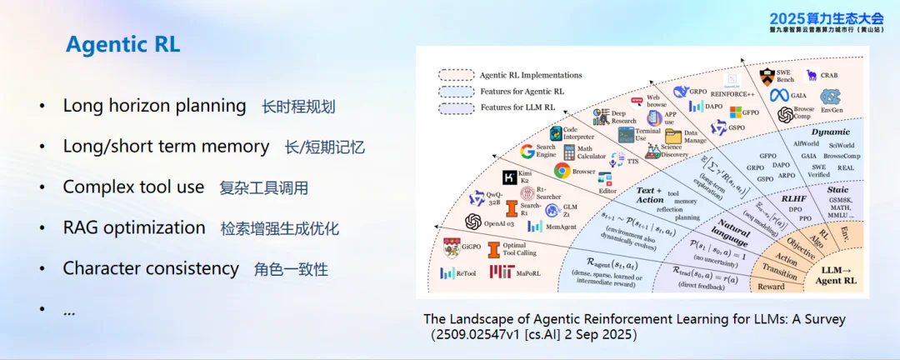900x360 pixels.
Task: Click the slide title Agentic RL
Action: [122, 45]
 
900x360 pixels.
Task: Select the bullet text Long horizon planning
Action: [154, 106]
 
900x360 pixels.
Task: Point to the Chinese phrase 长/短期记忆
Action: [325, 147]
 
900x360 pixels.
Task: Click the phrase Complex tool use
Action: [133, 187]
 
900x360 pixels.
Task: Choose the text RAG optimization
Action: [134, 227]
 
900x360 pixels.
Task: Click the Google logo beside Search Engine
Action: [527, 152]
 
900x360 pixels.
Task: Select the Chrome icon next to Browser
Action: [562, 171]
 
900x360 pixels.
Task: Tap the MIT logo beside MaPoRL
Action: [502, 272]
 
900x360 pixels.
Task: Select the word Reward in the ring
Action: [771, 286]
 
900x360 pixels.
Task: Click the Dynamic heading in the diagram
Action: [831, 132]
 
